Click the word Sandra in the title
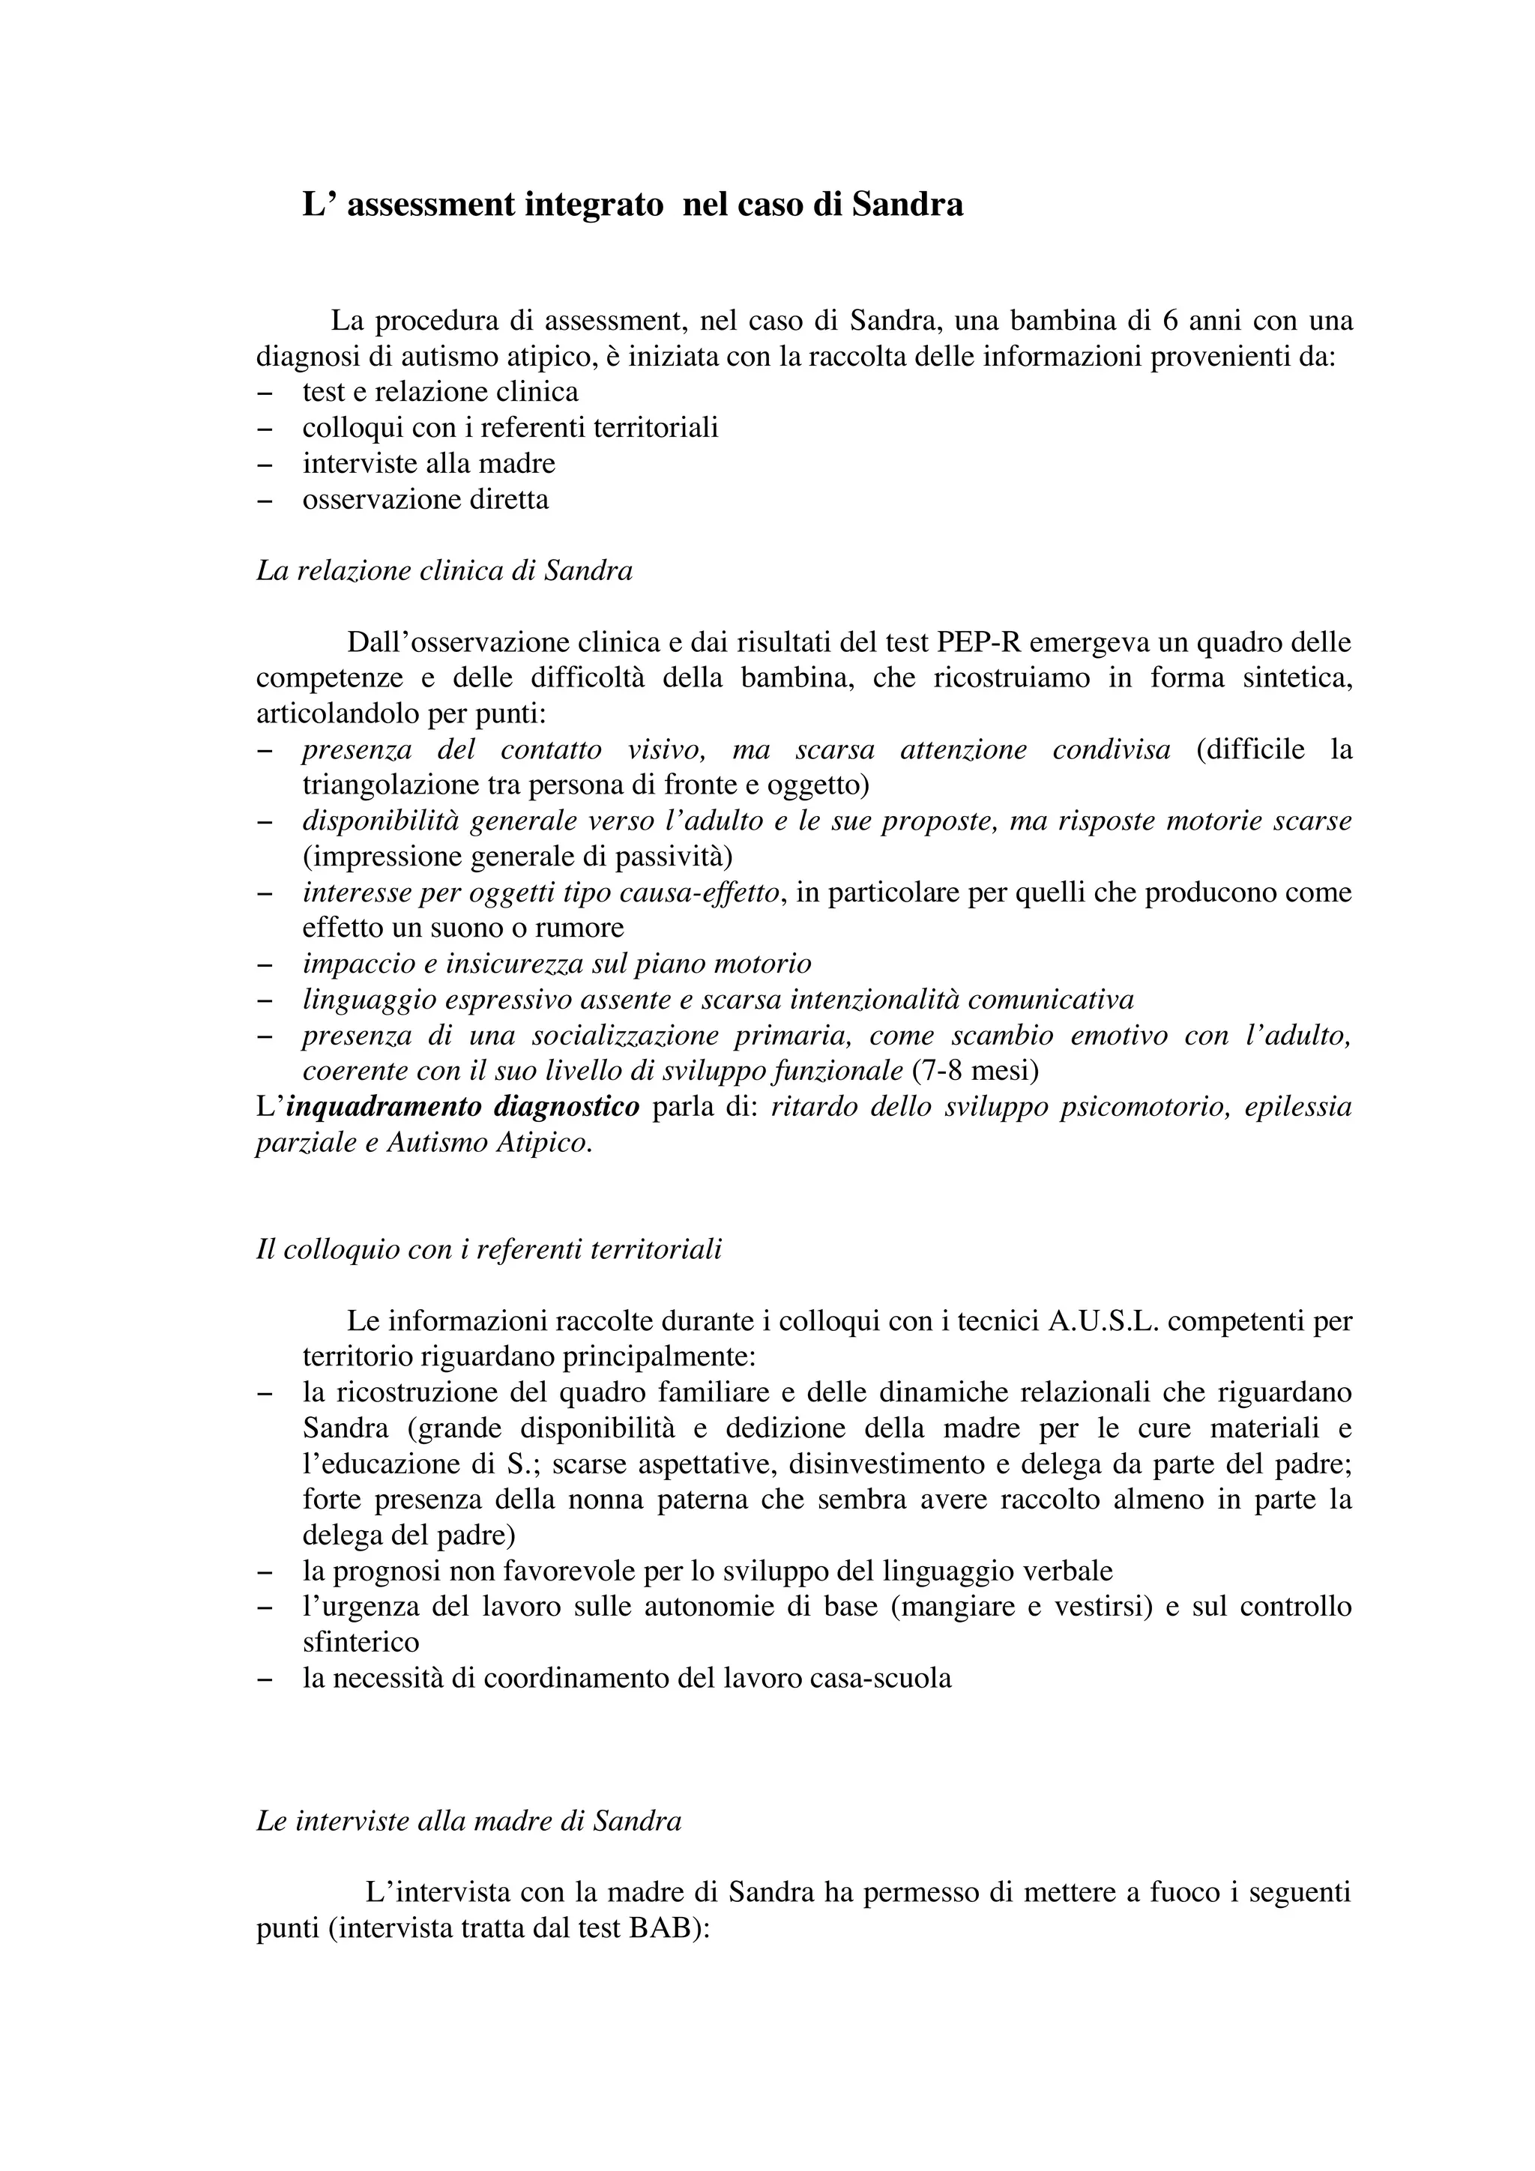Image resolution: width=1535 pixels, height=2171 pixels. point(907,205)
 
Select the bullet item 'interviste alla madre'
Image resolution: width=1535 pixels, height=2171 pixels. point(429,463)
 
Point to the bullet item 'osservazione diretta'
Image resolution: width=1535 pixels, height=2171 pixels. point(426,499)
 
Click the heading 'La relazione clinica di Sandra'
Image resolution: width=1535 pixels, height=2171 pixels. point(444,571)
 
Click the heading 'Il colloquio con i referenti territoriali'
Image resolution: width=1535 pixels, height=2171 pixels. point(489,1250)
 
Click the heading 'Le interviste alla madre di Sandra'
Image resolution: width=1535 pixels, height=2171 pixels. point(469,1821)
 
